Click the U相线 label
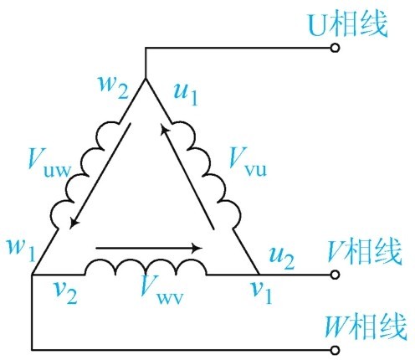(x=347, y=24)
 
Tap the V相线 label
(x=365, y=252)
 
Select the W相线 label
(x=366, y=327)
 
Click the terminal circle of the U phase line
(x=335, y=48)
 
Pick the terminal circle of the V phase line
(x=335, y=275)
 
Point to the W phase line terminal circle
(x=335, y=350)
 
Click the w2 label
(x=114, y=87)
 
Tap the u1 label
(x=186, y=94)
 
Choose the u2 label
(x=282, y=258)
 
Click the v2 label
(x=65, y=292)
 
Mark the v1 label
(x=261, y=292)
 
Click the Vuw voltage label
(x=49, y=163)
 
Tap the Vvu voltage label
(x=248, y=162)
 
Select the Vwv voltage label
(x=162, y=290)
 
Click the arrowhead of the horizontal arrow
(x=198, y=248)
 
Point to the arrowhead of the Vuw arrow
(x=74, y=223)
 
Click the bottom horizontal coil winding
(x=146, y=267)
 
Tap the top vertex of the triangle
(x=146, y=79)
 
